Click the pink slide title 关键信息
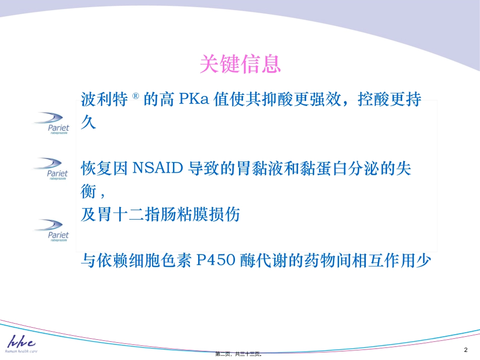click(240, 64)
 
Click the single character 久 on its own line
click(88, 123)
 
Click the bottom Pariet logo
click(52, 230)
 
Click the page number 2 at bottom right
click(465, 350)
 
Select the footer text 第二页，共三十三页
click(238, 354)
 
